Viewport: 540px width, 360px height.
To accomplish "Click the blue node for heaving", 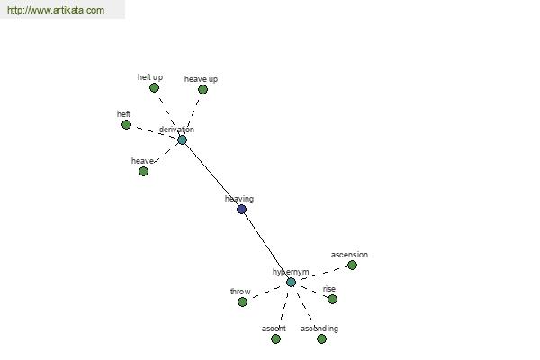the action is click(242, 209).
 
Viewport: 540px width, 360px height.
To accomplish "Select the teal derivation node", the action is click(182, 139).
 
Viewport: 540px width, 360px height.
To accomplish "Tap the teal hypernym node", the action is click(291, 283).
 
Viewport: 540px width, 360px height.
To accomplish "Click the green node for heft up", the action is click(154, 88).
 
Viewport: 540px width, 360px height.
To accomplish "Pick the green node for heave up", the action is click(202, 90).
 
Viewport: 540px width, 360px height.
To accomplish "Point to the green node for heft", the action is click(126, 124).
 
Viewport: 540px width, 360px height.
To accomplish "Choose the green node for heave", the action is click(144, 171).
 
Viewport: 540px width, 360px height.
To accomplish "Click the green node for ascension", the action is click(352, 265).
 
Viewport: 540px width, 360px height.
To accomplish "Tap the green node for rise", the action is click(332, 299).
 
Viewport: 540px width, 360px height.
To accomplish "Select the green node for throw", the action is click(242, 301).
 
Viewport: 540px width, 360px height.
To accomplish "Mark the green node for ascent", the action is click(275, 339).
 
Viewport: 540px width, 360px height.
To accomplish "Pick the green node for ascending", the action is click(321, 339).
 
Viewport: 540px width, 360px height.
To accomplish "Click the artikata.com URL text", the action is click(56, 10).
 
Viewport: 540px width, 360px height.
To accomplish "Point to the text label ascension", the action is click(349, 255).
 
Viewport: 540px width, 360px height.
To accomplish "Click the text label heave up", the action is click(201, 79).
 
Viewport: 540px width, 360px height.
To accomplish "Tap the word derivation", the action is click(176, 130).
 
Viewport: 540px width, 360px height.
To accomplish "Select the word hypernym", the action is click(291, 272).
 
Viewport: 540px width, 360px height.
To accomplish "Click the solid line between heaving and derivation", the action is click(211, 175).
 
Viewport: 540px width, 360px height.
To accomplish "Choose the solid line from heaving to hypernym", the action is click(266, 246).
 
